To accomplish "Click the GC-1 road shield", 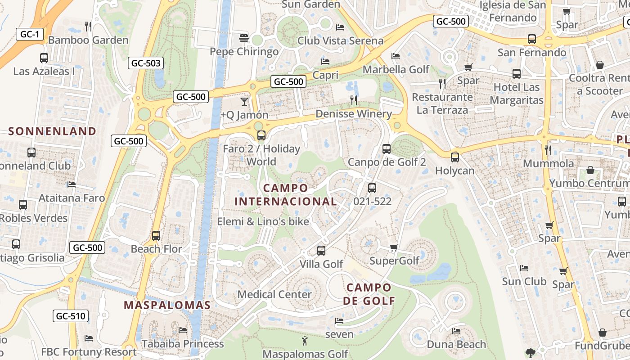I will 30,34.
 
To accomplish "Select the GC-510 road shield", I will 70,316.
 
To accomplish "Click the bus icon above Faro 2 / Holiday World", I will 261,135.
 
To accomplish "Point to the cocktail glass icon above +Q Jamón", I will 244,101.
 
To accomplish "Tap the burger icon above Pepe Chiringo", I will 244,38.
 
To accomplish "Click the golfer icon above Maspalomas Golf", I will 305,341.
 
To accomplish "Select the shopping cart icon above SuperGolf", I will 394,247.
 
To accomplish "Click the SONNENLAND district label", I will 52,131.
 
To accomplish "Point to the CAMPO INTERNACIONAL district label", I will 286,194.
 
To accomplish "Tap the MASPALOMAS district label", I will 167,305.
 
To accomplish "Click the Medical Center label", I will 274,294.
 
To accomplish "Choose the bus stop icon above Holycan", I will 455,157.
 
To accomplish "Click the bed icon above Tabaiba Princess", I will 183,330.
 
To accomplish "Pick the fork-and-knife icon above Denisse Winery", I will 354,100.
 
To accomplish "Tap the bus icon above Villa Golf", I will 321,251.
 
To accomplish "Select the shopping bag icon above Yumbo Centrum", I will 590,170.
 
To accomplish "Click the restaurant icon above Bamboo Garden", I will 88,27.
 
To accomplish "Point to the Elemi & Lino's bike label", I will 263,221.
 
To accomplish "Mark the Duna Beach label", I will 456,344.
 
